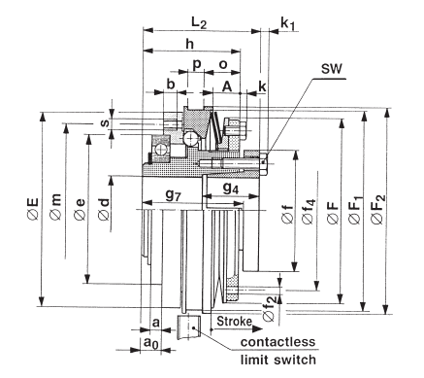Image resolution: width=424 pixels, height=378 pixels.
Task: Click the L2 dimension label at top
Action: coord(199,23)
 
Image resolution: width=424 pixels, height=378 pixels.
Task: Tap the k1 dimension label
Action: coord(287,23)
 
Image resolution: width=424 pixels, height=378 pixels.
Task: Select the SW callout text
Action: coord(332,69)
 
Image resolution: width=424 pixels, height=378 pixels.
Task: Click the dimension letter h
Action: coord(189,44)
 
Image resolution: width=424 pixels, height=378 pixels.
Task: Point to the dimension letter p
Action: coord(197,65)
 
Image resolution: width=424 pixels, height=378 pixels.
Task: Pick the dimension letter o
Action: coord(223,64)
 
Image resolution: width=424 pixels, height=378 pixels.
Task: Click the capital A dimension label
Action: coord(227,86)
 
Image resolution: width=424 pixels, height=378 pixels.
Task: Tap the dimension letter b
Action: coord(171,85)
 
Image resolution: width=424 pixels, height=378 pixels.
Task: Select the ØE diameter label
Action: coord(33,209)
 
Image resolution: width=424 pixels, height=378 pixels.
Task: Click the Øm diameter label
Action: coord(55,207)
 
